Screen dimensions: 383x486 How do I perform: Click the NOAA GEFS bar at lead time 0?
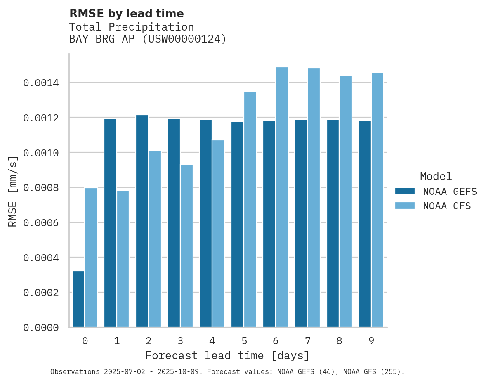tap(78, 299)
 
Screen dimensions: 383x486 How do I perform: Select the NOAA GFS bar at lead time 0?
tap(91, 258)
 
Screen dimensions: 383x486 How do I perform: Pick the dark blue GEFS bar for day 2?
tap(142, 221)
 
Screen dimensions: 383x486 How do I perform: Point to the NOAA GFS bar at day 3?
tap(186, 246)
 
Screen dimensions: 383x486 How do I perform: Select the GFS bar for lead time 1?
tap(123, 259)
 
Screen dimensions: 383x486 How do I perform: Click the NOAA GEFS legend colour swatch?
tap(405, 191)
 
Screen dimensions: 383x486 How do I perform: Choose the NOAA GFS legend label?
tap(446, 206)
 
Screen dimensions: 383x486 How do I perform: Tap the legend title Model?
tap(436, 176)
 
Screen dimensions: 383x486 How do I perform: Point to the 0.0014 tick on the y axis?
tap(41, 83)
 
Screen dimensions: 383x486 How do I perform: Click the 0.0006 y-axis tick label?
tap(41, 223)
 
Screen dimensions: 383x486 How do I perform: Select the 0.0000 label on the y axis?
tap(41, 328)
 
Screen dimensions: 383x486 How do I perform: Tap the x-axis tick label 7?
tap(308, 341)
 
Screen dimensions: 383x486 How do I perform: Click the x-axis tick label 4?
tap(212, 341)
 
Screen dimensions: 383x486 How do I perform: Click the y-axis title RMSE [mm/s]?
tap(13, 191)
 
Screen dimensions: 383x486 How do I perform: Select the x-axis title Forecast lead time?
tap(227, 355)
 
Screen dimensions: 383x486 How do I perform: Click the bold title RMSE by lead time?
tap(126, 14)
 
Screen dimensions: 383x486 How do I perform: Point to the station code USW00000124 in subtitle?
tap(184, 39)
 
